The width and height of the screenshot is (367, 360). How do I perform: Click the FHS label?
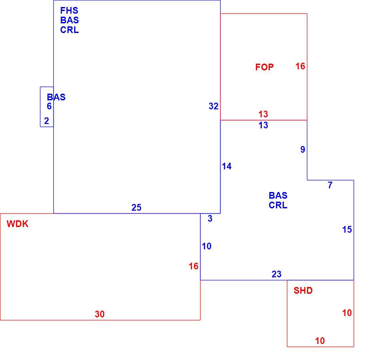tap(69, 11)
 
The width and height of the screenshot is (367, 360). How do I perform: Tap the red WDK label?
tap(18, 224)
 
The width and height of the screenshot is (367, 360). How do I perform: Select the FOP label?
tap(265, 67)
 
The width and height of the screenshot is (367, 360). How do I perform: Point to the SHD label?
tap(303, 291)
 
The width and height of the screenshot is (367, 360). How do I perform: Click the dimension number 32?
tap(214, 106)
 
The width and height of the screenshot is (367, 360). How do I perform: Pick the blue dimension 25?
tap(136, 207)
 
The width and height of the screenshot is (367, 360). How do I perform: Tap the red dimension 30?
tap(100, 314)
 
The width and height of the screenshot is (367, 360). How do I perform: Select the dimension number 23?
tap(277, 274)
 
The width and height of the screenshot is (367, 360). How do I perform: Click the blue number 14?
tap(227, 166)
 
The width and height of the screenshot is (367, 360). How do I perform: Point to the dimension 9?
tap(303, 149)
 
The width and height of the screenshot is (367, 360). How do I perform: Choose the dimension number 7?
tap(330, 185)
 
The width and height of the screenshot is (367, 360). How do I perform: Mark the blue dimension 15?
tap(347, 230)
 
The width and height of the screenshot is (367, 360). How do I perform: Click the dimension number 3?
tap(210, 218)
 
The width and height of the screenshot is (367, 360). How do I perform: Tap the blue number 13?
tap(263, 125)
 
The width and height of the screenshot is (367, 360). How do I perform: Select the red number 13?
tap(263, 114)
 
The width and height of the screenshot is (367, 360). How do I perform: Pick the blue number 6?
tap(49, 106)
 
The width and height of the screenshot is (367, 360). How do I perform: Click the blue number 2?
tap(47, 121)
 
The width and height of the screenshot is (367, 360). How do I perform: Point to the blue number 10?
tap(207, 246)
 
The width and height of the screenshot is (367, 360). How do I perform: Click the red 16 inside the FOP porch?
tap(300, 66)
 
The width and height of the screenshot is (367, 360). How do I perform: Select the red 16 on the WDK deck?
tap(194, 266)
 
